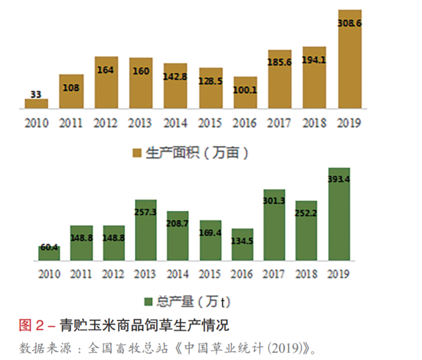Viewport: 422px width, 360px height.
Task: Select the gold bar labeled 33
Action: [36, 104]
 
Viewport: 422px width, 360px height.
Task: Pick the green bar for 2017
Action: [274, 225]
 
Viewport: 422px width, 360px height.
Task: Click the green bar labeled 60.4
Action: [49, 253]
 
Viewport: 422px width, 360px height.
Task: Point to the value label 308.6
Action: [349, 24]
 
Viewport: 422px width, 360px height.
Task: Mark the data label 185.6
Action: [280, 62]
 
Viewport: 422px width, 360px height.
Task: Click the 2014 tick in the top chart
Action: [175, 123]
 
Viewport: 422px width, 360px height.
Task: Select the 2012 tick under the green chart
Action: [113, 274]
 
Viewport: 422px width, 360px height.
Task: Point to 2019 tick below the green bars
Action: [338, 274]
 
